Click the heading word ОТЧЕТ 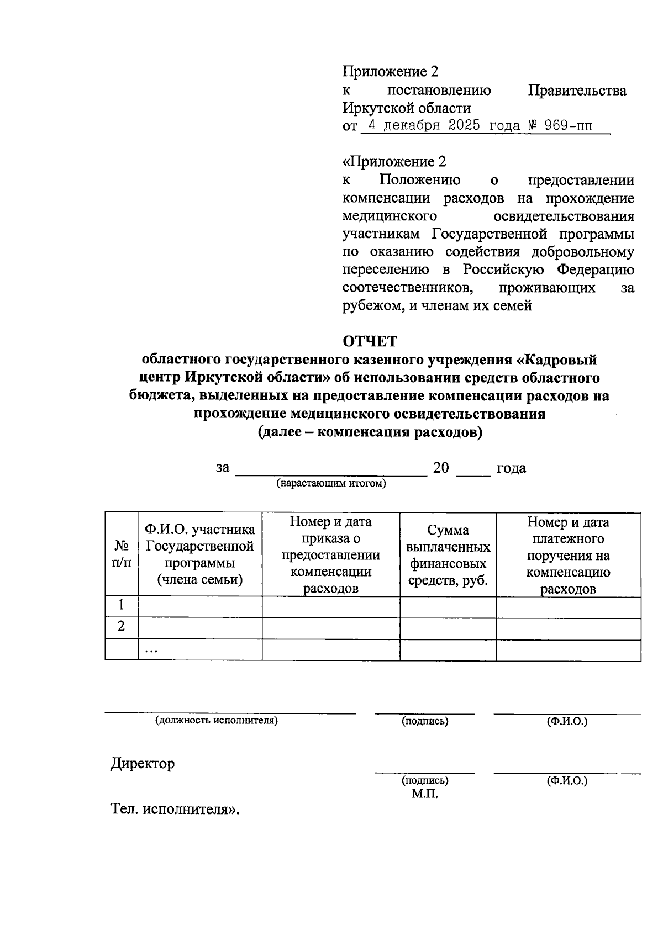tap(370, 341)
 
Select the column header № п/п tap(122, 554)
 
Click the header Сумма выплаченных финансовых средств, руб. tap(448, 556)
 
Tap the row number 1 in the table tap(122, 605)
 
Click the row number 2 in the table tap(122, 626)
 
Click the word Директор tap(143, 764)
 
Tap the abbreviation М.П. tap(424, 794)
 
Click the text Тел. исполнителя tap(175, 810)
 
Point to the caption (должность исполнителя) tap(216, 721)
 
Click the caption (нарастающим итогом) tap(331, 484)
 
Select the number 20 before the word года tap(441, 468)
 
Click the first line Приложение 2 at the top tap(390, 72)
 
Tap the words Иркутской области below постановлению tap(407, 108)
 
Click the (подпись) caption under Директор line tap(424, 780)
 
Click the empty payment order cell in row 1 tap(568, 607)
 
